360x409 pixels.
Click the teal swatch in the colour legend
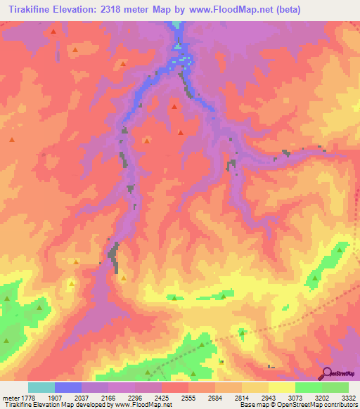coord(41,387)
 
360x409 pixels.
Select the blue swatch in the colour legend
coord(67,387)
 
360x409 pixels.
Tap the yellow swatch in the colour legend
coord(281,387)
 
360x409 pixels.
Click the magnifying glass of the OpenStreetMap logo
coord(327,372)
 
